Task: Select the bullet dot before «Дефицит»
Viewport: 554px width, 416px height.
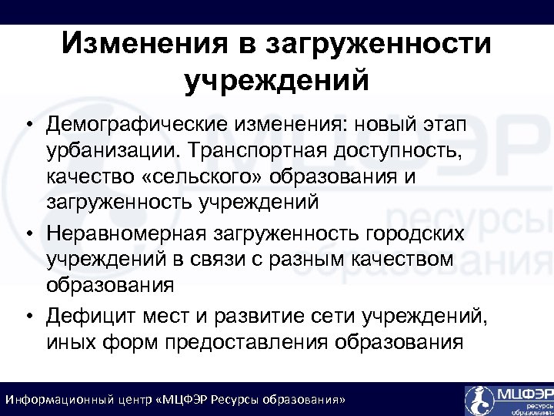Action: point(27,316)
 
